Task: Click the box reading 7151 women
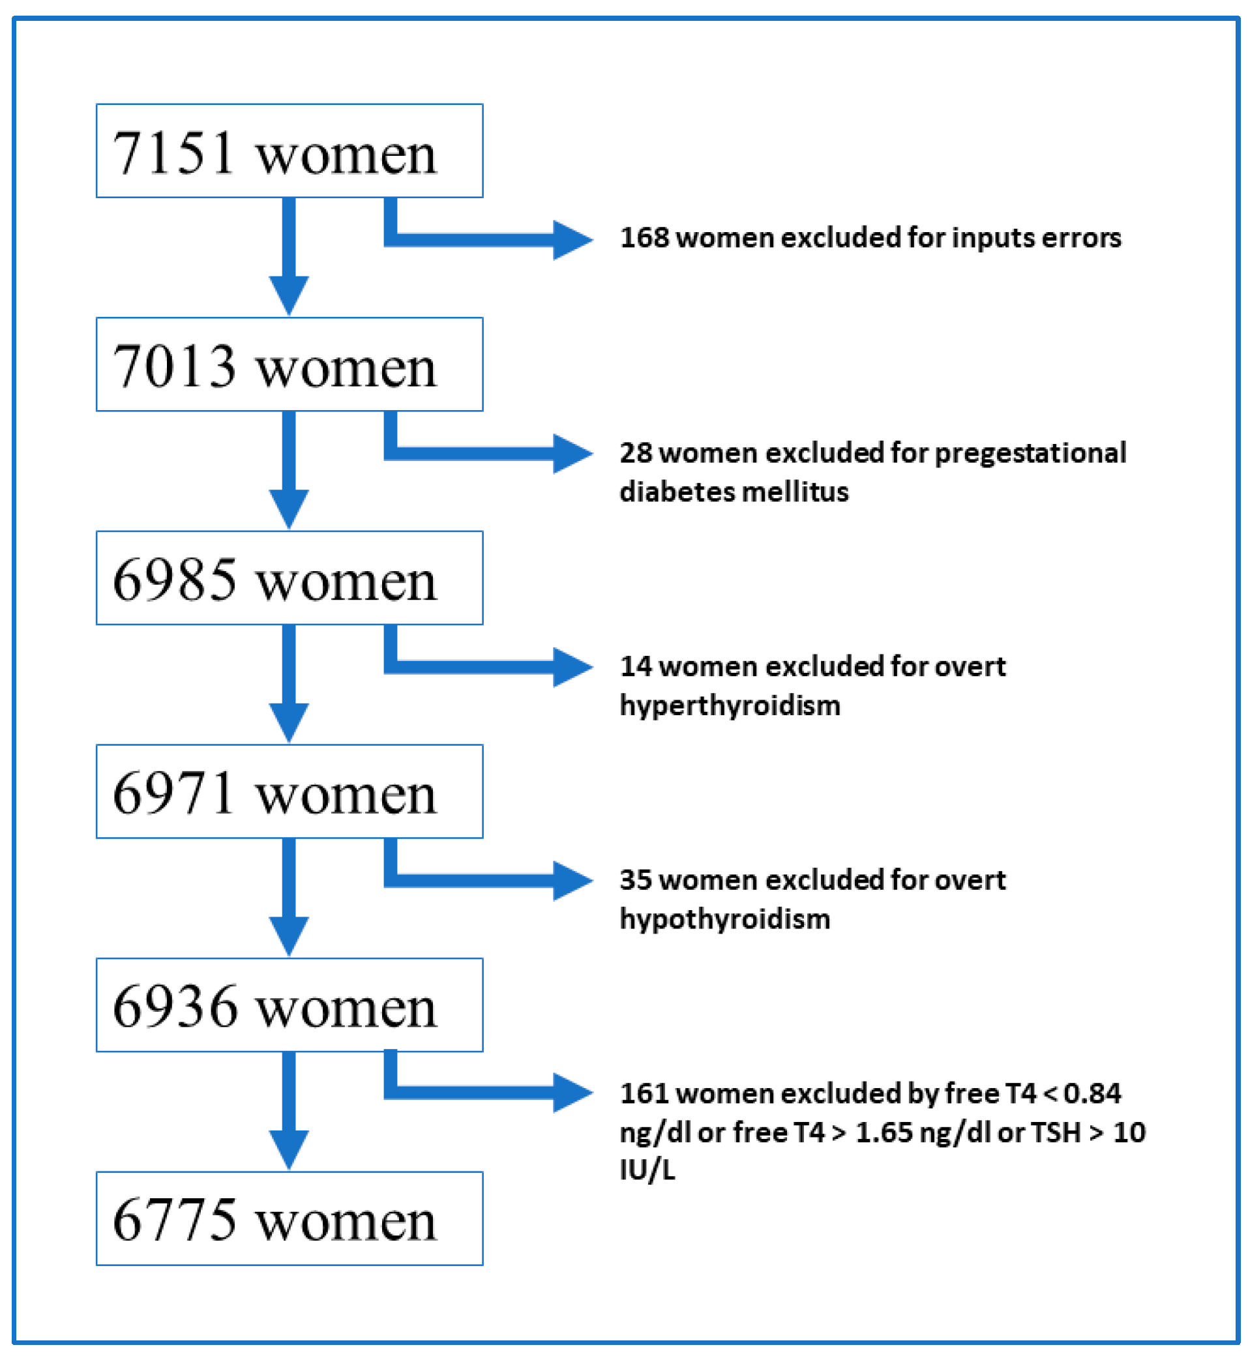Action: click(x=289, y=151)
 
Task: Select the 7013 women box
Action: click(x=289, y=364)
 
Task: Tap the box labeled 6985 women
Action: click(x=289, y=578)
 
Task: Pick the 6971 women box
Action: click(x=289, y=791)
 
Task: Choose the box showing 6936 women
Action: click(x=289, y=1004)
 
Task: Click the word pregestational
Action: click(x=1029, y=452)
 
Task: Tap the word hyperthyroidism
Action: click(x=730, y=705)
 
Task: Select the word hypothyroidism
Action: click(x=724, y=919)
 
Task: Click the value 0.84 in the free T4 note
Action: click(x=1092, y=1093)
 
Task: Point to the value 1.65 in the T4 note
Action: click(x=884, y=1132)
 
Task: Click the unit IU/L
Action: click(x=647, y=1170)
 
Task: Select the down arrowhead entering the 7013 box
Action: click(x=289, y=295)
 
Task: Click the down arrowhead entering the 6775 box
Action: click(x=289, y=1149)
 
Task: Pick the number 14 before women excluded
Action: click(x=636, y=666)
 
